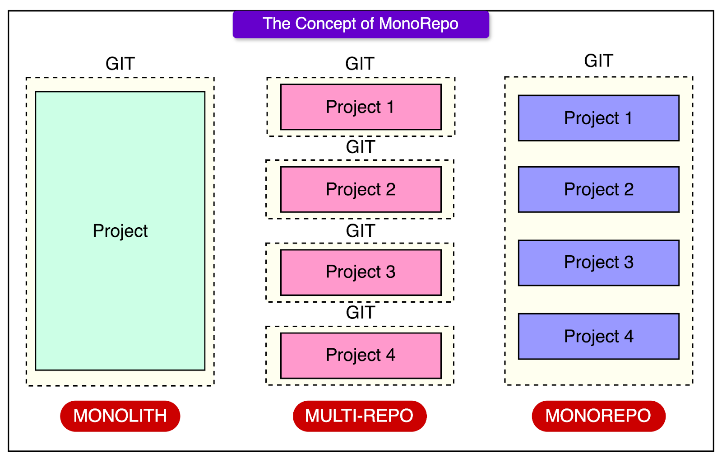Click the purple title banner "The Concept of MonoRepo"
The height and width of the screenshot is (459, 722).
[361, 24]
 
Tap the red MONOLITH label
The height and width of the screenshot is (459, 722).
[120, 416]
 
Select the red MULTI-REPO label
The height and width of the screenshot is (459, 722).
[360, 416]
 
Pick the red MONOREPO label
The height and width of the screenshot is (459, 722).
[598, 416]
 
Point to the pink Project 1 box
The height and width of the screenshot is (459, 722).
[361, 107]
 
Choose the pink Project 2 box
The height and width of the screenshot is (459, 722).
[361, 189]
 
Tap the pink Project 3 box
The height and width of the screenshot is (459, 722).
[361, 272]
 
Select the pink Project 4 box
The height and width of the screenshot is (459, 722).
[361, 355]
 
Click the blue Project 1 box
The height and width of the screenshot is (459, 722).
[598, 118]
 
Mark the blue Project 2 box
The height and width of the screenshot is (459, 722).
[598, 189]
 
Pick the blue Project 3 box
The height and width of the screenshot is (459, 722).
[598, 262]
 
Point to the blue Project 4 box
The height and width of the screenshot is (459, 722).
[598, 336]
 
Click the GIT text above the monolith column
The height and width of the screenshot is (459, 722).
[120, 64]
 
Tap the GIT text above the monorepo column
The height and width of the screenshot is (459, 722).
[598, 61]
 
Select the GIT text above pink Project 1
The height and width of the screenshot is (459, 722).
[360, 64]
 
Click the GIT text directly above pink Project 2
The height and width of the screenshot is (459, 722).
[360, 147]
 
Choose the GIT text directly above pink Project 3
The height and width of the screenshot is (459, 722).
[360, 231]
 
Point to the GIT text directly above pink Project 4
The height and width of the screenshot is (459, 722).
[360, 312]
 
